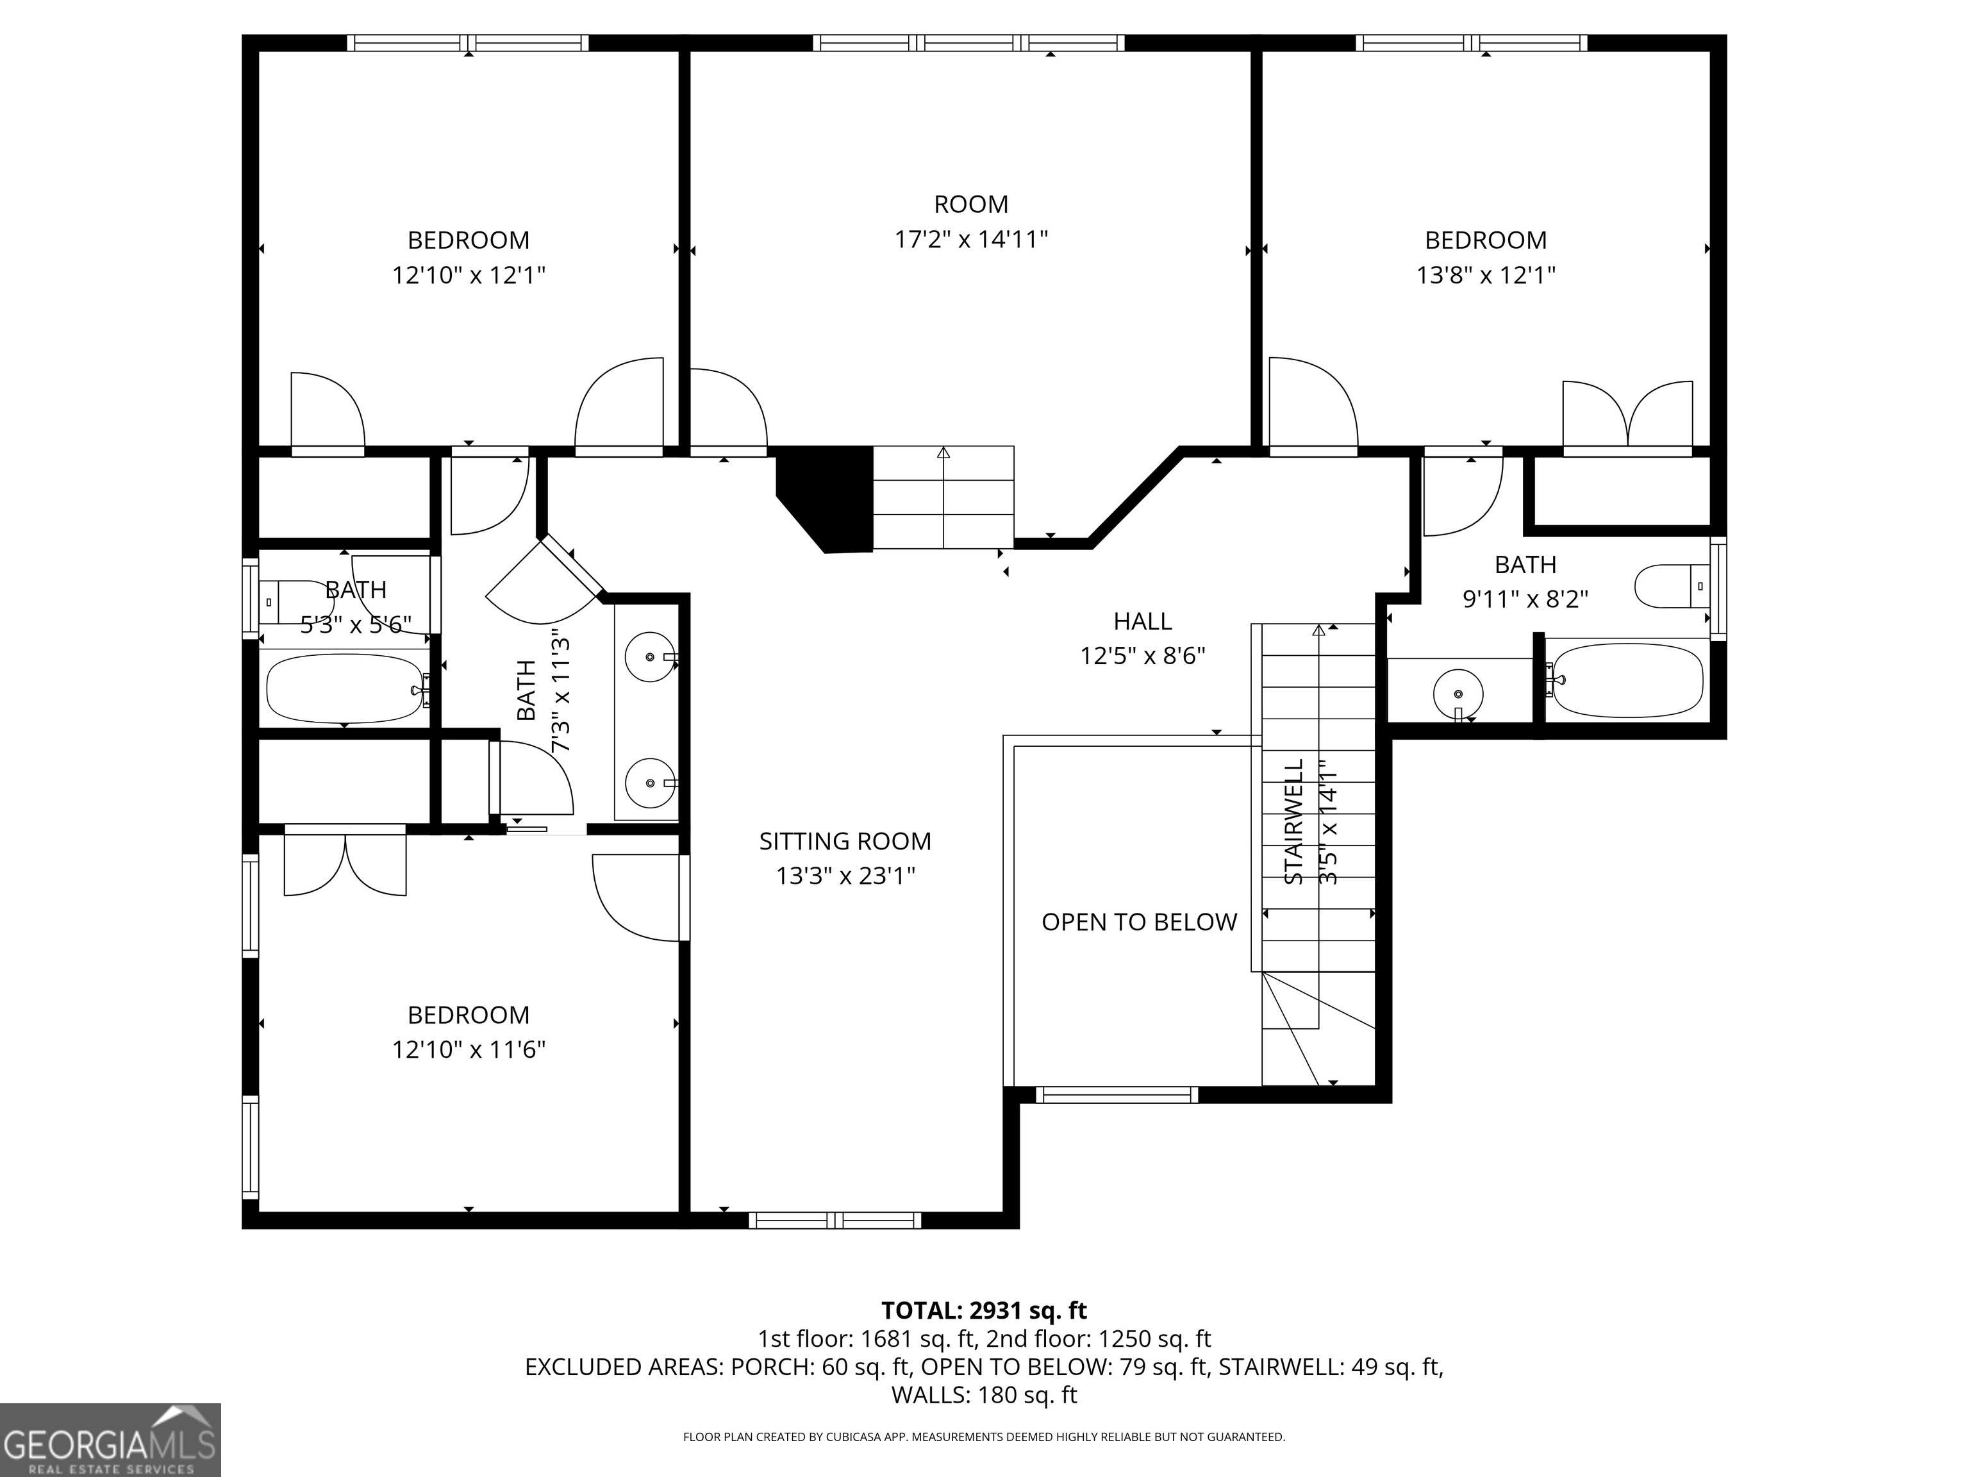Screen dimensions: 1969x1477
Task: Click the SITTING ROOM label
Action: (845, 841)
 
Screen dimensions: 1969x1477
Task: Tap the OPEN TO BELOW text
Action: (1140, 922)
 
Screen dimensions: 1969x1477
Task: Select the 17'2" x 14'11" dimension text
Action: (971, 240)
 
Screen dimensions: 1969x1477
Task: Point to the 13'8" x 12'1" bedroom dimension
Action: (1486, 275)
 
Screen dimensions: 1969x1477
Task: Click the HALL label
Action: (1143, 621)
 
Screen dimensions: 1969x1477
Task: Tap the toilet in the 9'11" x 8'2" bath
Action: (1673, 586)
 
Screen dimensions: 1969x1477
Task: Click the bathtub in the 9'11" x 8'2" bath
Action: (1625, 680)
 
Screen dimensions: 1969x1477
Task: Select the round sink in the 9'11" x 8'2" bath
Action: (1458, 692)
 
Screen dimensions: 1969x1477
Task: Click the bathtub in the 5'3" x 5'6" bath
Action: (345, 689)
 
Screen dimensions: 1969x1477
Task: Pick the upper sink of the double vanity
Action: (650, 657)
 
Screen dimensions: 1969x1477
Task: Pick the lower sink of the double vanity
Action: (650, 783)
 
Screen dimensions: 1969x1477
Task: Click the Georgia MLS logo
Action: (110, 1440)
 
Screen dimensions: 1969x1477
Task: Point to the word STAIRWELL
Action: (1294, 822)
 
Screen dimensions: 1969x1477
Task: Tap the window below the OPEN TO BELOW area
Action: (1117, 1095)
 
